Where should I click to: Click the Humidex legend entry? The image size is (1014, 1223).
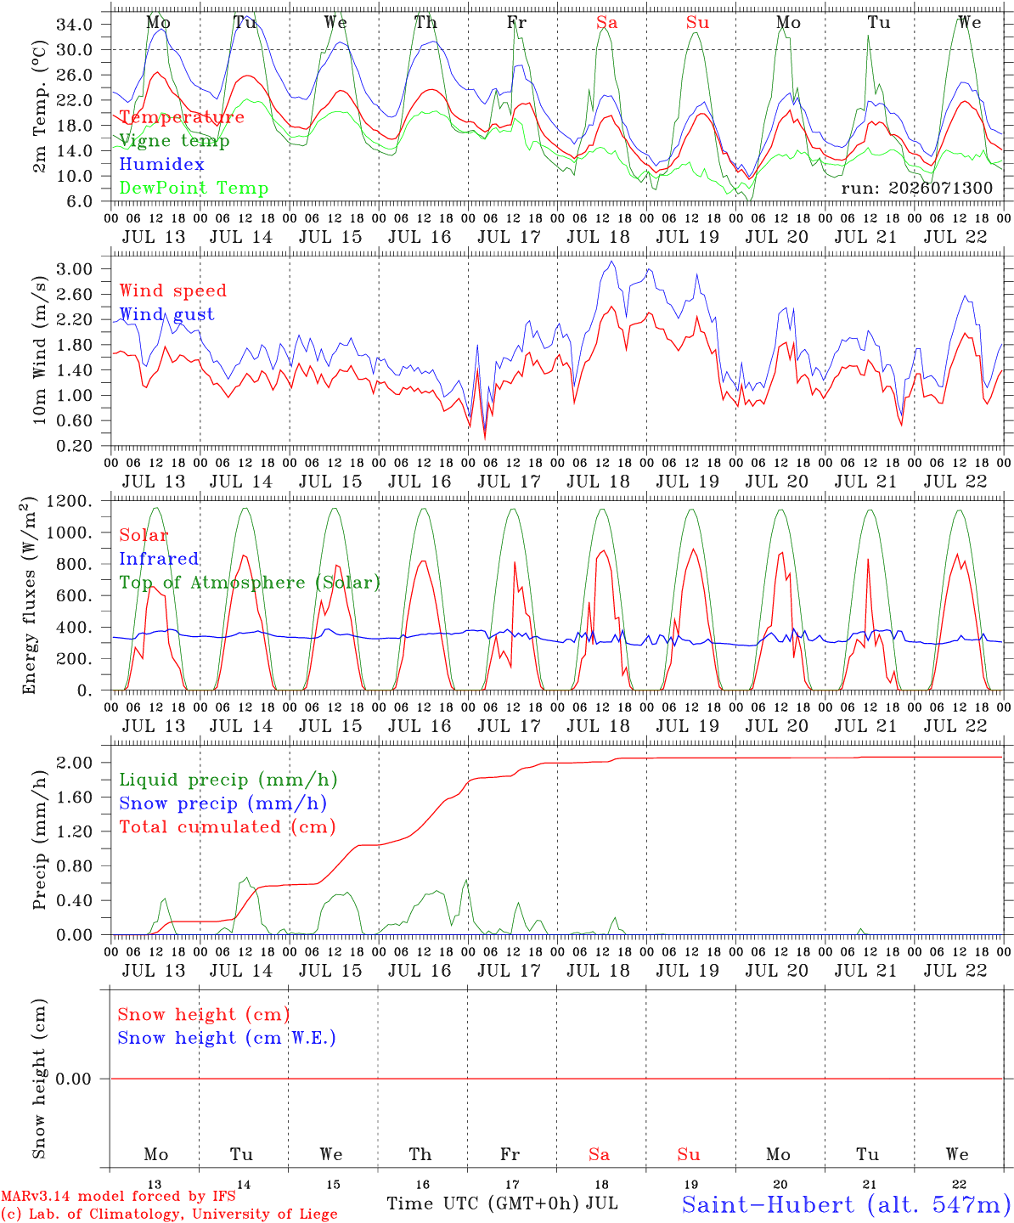click(x=161, y=164)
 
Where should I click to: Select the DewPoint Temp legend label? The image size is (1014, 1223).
click(x=194, y=188)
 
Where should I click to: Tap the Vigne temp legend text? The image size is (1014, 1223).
click(x=174, y=141)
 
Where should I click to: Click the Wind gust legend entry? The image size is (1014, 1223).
click(x=167, y=314)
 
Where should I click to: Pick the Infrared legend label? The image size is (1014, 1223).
click(x=159, y=559)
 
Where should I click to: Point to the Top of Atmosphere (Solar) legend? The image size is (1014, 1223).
click(x=251, y=583)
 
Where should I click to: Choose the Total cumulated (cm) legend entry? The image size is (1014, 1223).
click(x=228, y=827)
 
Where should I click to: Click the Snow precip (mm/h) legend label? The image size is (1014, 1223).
click(x=223, y=803)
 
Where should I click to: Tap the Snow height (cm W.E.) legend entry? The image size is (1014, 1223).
click(x=227, y=1038)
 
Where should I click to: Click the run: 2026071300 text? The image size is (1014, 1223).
click(x=917, y=188)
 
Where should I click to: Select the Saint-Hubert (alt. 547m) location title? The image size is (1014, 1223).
click(x=847, y=1204)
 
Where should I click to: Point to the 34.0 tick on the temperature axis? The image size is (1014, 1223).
click(x=75, y=25)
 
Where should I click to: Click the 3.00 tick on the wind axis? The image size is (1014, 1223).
click(x=75, y=269)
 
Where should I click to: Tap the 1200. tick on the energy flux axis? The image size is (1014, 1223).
click(x=70, y=501)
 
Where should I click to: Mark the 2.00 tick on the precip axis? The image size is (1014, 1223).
click(x=75, y=763)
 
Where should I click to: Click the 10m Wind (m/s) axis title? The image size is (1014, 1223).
click(x=39, y=350)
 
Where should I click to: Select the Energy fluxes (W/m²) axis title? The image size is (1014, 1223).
click(x=29, y=595)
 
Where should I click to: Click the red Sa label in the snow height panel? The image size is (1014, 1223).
click(x=600, y=1154)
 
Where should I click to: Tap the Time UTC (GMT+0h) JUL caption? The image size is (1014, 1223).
click(x=503, y=1203)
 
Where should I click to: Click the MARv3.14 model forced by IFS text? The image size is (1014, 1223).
click(x=118, y=1196)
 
